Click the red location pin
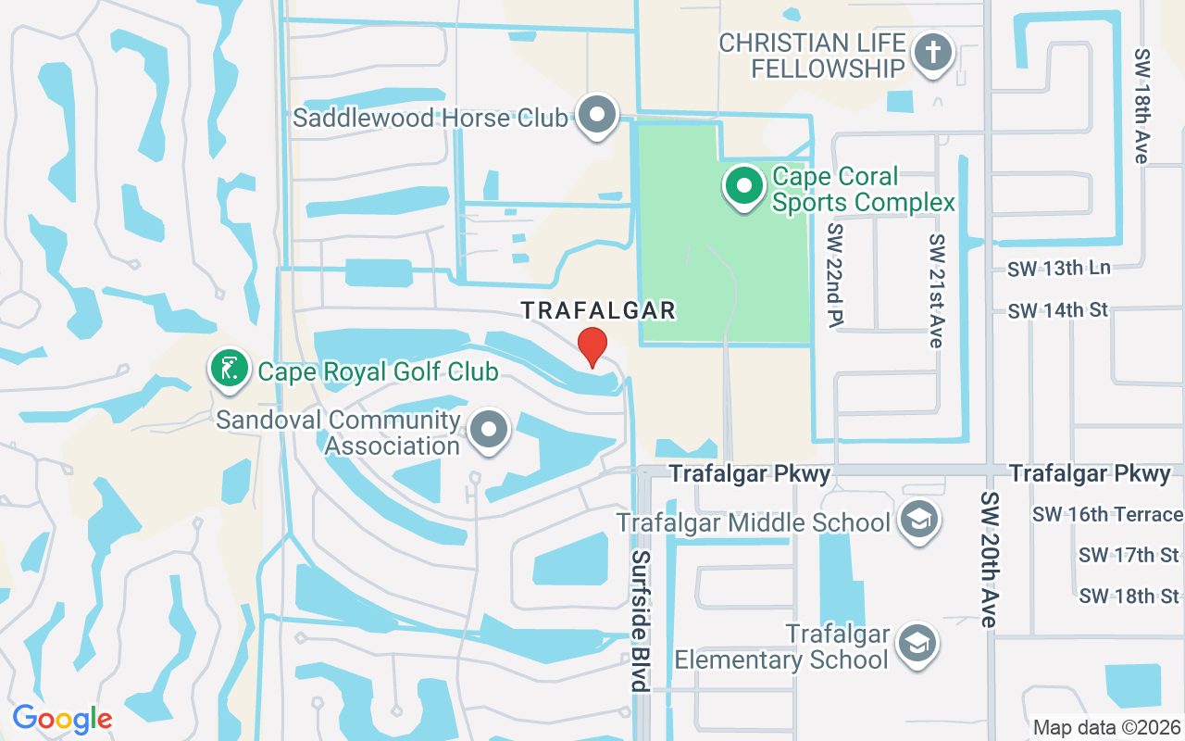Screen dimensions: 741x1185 (592, 346)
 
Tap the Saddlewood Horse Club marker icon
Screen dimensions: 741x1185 (597, 116)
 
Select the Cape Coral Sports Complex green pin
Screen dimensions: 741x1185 (742, 186)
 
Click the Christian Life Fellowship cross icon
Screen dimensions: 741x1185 (932, 54)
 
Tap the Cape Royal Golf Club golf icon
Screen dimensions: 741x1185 (229, 369)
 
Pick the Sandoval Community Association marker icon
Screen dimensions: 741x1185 (489, 430)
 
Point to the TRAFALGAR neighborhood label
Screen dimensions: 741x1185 (598, 310)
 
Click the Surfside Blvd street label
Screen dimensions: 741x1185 (640, 621)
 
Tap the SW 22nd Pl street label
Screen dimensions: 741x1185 (837, 274)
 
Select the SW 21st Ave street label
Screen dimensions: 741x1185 (937, 290)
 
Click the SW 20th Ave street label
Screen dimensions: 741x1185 (989, 559)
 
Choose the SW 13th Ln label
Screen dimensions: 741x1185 (1058, 268)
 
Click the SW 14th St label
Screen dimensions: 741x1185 (1057, 310)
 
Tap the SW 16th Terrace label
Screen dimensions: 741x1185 (1107, 514)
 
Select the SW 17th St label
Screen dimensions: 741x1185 (1129, 555)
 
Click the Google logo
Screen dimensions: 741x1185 (62, 719)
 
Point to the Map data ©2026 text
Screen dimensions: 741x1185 (1106, 727)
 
